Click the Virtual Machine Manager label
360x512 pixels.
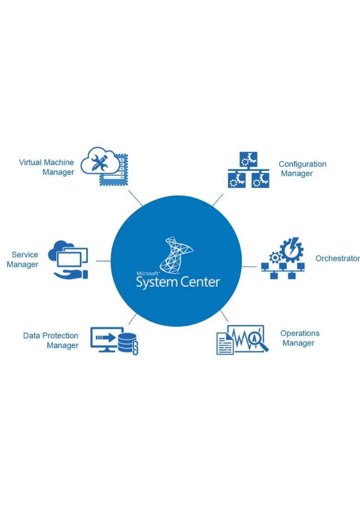point(47,167)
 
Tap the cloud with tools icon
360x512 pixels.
point(100,161)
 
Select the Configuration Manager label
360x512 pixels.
point(302,168)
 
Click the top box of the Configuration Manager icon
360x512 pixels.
point(248,159)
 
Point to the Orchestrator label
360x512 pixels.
point(337,258)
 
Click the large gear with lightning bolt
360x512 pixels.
point(292,250)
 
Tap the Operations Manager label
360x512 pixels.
point(300,338)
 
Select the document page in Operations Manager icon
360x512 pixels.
point(225,344)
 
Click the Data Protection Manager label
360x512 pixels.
point(51,340)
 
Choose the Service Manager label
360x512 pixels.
point(23,259)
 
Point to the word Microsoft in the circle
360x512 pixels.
point(148,274)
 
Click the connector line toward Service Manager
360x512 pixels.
point(103,261)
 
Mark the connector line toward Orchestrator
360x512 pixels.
point(249,267)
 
